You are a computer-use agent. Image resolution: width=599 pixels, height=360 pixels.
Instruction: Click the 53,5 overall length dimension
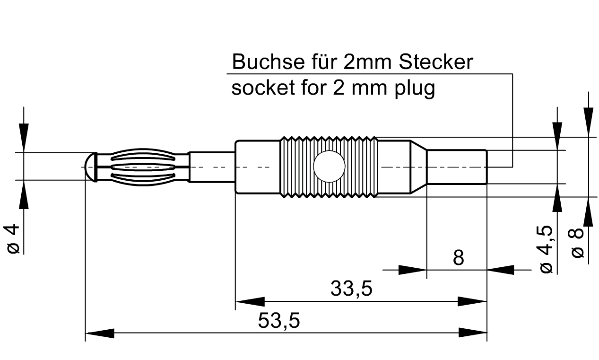[278, 322]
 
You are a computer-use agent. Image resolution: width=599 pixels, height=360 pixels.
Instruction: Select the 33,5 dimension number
[351, 289]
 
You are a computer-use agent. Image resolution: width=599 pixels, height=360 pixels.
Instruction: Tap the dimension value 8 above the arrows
[458, 258]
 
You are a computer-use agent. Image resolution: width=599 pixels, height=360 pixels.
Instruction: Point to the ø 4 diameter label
[14, 239]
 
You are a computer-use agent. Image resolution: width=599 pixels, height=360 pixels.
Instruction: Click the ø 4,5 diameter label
[546, 248]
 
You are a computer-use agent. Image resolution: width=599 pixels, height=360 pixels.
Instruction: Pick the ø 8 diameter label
[578, 243]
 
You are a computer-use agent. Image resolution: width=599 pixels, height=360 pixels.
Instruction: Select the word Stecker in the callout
[436, 62]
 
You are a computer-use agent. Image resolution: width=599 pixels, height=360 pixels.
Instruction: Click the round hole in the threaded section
[330, 167]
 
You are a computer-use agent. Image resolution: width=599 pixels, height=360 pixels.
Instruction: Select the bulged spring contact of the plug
[142, 167]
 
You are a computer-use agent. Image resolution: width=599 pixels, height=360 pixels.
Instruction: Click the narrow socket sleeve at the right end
[457, 167]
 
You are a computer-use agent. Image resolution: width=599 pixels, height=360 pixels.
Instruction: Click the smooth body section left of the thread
[258, 167]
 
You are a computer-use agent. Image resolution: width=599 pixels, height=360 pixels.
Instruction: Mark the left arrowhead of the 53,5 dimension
[100, 333]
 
